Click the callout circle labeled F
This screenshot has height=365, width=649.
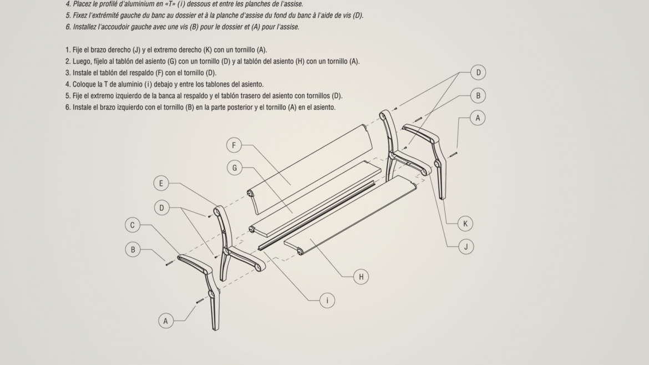[x=234, y=145]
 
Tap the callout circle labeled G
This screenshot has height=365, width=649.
[x=235, y=168]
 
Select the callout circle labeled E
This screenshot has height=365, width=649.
[x=161, y=183]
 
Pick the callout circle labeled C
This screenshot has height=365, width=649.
[x=133, y=225]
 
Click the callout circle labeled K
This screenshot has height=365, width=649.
[x=465, y=224]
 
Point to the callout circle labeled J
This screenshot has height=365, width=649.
[x=466, y=247]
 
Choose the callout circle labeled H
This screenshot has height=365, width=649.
[x=361, y=277]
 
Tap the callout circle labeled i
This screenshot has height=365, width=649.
[x=327, y=301]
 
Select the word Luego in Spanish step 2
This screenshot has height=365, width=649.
[x=81, y=62]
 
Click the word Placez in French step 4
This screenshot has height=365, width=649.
[x=83, y=4]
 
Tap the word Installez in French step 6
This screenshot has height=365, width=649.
[x=85, y=27]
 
